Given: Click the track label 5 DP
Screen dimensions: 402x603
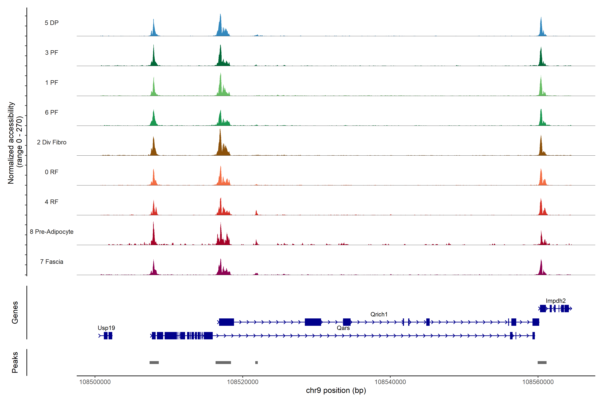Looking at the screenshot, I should [x=52, y=23].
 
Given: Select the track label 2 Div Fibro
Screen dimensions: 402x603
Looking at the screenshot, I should [x=52, y=142].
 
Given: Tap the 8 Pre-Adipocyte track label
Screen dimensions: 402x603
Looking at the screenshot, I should [x=52, y=232].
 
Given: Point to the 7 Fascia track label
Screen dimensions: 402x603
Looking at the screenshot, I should [x=52, y=262].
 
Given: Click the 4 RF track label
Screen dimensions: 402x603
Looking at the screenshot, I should [x=52, y=202].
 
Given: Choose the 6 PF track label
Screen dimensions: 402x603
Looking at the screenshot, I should [x=52, y=113].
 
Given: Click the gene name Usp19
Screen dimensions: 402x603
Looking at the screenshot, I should [x=106, y=328].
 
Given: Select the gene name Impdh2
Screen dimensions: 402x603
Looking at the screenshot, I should [x=556, y=301].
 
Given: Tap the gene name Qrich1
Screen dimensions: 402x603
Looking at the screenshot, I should [x=379, y=314].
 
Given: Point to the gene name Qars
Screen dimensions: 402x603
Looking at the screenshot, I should [x=343, y=328].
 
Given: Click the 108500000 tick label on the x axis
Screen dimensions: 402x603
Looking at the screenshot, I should [x=95, y=382].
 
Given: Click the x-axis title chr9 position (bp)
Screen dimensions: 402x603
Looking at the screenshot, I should [x=336, y=390].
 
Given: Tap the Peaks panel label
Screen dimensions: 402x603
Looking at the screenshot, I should [x=15, y=362].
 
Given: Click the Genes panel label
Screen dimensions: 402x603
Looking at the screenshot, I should [x=15, y=313].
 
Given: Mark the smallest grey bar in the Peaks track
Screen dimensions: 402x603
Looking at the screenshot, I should [x=256, y=362].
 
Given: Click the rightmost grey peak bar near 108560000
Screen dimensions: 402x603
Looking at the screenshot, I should [x=542, y=362].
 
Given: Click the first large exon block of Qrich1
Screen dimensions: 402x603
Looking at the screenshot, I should [x=226, y=322].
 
